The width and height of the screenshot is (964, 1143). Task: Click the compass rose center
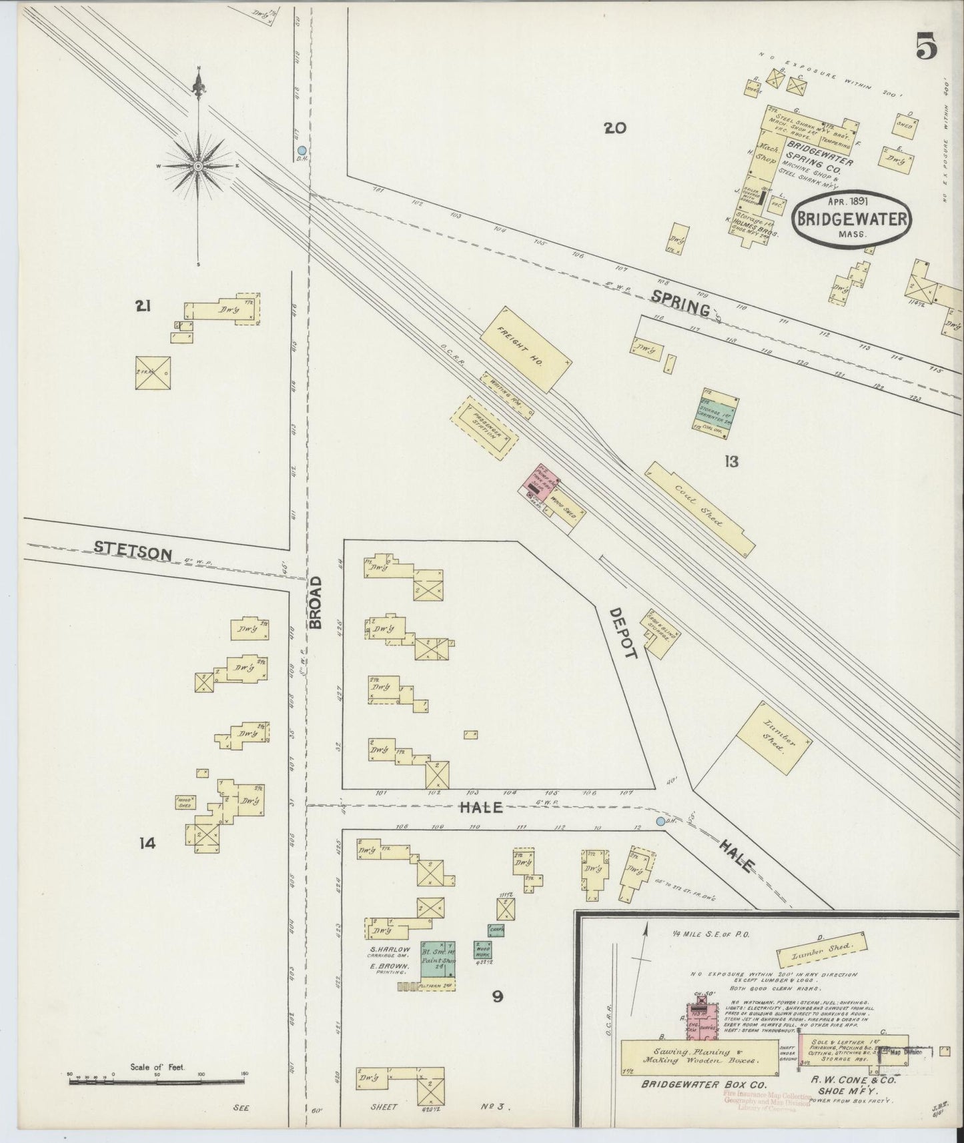[198, 165]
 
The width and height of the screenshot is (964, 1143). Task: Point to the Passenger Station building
[485, 429]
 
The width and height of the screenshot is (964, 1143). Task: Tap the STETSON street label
[133, 550]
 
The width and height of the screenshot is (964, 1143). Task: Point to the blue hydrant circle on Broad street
[302, 151]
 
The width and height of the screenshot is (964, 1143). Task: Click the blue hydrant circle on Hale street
[660, 821]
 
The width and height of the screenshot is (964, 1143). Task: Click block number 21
[142, 306]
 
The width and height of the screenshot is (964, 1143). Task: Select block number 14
[147, 843]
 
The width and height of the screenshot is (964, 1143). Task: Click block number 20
[614, 127]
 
